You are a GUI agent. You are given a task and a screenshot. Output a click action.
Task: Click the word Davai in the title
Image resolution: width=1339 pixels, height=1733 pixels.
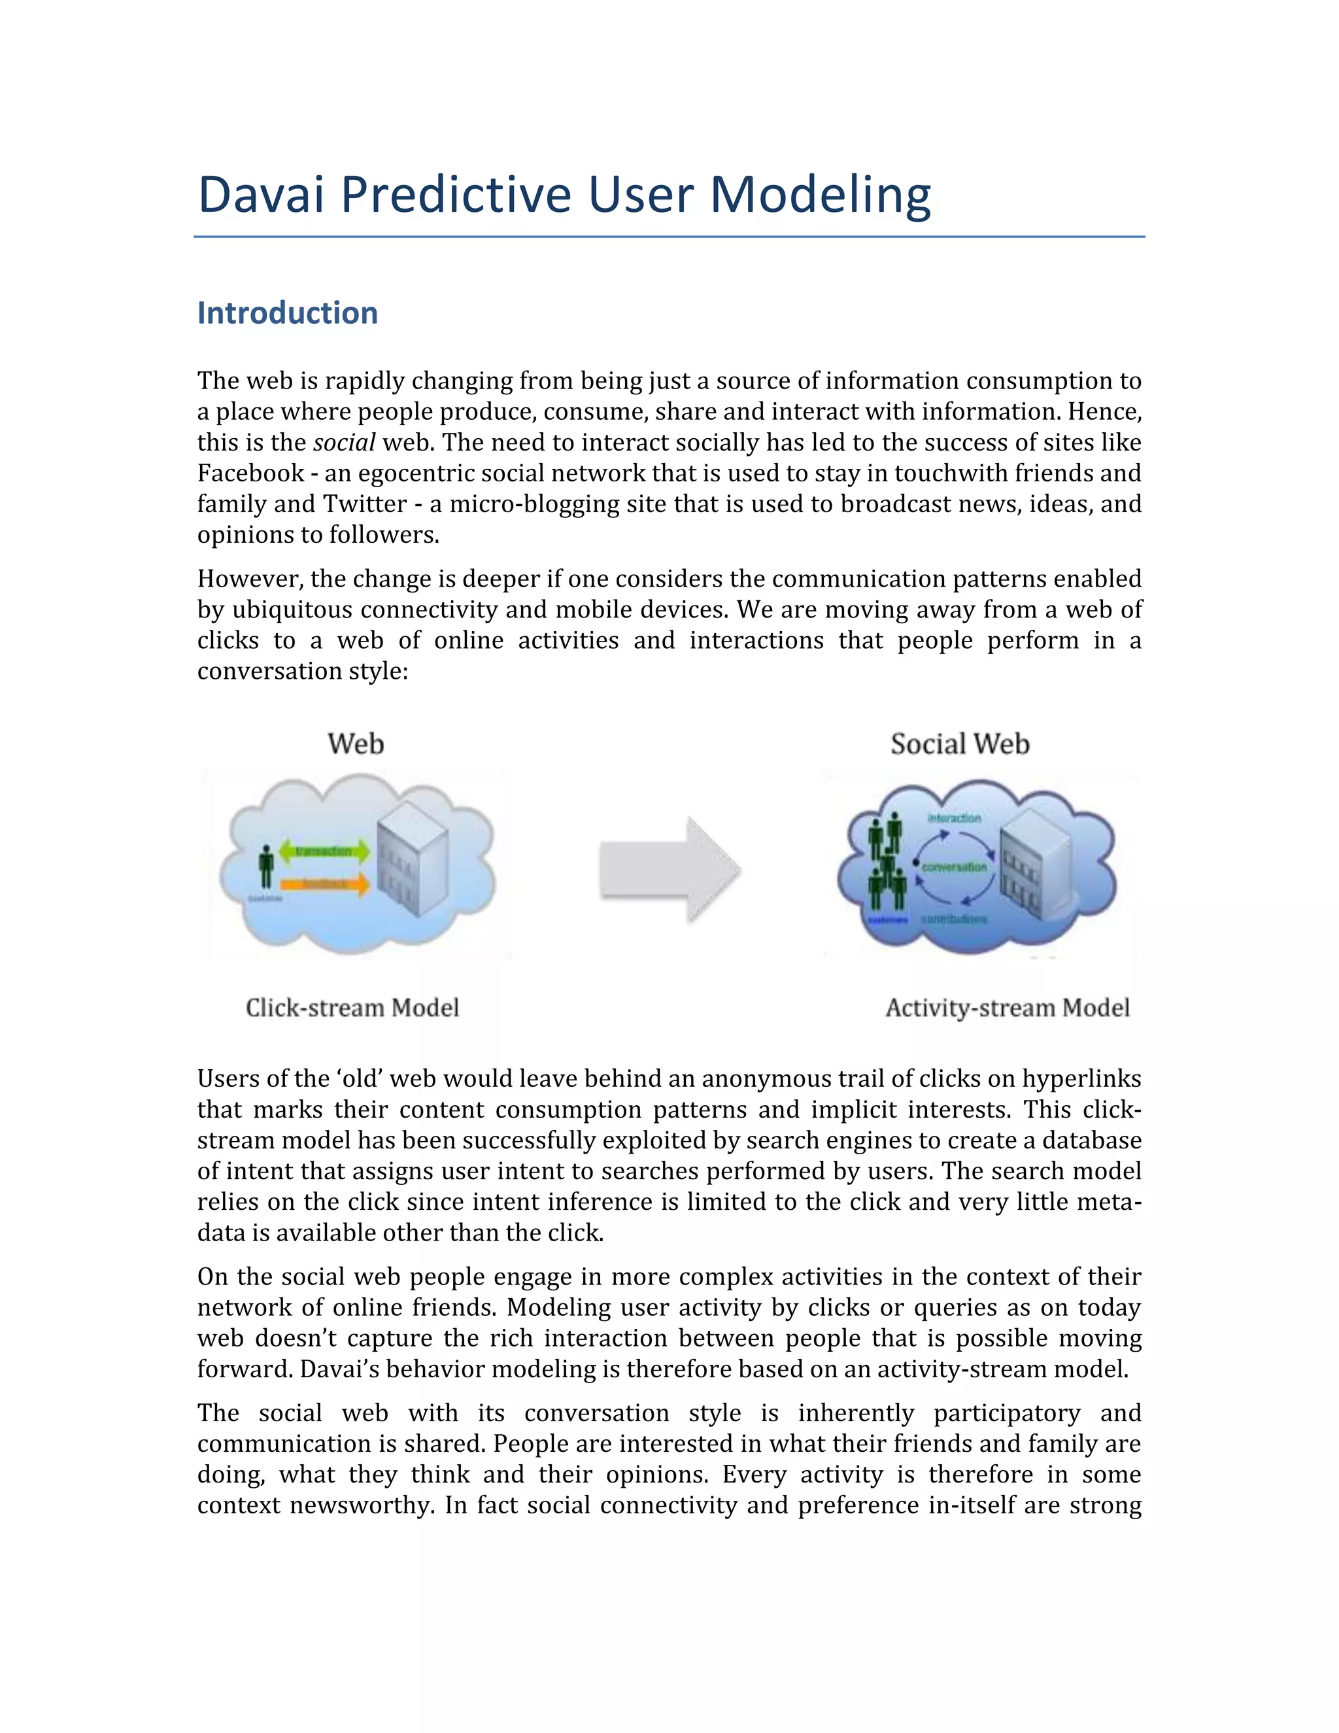tap(261, 194)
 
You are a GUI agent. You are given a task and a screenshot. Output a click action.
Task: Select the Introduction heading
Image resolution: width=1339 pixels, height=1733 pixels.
tap(287, 313)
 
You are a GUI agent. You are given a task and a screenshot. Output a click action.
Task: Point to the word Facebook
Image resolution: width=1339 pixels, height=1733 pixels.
tap(250, 473)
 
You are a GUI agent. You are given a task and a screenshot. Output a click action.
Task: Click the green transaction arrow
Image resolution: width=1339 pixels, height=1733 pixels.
tap(324, 851)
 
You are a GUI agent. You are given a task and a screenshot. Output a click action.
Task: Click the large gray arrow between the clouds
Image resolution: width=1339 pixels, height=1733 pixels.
tap(670, 870)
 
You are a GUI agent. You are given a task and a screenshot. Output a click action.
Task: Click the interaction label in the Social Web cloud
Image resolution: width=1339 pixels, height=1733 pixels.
tap(955, 818)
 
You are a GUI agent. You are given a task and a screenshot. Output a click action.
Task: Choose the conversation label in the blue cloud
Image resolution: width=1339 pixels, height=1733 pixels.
tap(955, 867)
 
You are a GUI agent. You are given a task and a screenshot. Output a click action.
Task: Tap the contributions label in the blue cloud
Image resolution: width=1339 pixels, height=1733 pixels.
tap(955, 919)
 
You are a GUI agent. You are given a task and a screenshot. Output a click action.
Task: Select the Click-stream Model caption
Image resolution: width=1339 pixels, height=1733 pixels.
tap(352, 1008)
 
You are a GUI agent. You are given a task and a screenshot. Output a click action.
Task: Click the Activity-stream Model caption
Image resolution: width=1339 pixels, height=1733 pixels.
tap(1008, 1008)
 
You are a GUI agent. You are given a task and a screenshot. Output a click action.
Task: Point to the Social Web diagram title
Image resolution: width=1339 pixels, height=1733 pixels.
tap(960, 744)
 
